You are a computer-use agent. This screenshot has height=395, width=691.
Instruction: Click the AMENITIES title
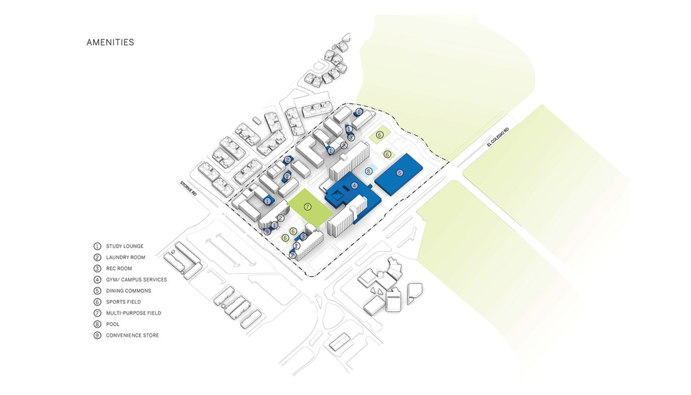click(110, 43)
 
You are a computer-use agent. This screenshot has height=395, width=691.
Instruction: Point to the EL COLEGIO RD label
click(498, 137)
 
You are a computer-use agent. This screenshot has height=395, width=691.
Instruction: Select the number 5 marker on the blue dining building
click(400, 173)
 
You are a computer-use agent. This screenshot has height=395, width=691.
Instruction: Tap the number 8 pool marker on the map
click(369, 171)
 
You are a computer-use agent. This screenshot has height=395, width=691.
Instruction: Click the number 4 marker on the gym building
click(355, 185)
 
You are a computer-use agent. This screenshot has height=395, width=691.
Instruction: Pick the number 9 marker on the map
click(267, 231)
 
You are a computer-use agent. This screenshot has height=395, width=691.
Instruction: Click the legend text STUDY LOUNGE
click(124, 246)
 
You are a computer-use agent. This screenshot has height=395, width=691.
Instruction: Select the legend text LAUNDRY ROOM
click(125, 257)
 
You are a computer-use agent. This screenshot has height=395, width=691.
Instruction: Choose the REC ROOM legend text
click(119, 268)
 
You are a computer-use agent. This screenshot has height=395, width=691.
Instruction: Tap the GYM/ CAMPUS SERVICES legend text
click(136, 280)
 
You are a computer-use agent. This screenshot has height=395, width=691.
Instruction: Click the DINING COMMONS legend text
click(128, 291)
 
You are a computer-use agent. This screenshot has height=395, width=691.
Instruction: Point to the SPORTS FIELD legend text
click(123, 302)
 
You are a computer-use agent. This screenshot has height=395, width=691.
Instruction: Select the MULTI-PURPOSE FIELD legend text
click(134, 313)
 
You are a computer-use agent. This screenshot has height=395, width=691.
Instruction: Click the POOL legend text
click(113, 324)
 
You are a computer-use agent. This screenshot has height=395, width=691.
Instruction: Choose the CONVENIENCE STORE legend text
click(133, 335)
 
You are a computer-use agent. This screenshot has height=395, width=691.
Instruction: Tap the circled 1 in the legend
click(97, 246)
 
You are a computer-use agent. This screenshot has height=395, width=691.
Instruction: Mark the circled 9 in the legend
click(97, 335)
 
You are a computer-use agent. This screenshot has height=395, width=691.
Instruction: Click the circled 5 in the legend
click(97, 291)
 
